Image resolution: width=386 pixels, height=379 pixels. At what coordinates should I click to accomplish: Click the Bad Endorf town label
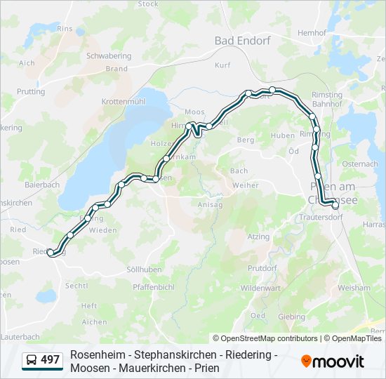click(x=242, y=41)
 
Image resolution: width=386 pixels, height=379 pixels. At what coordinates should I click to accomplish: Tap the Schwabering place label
click(x=108, y=56)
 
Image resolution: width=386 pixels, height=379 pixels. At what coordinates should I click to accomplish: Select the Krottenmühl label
click(x=122, y=102)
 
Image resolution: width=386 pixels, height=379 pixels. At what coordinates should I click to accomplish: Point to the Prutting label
click(x=31, y=92)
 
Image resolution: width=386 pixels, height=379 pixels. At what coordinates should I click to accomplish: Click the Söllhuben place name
click(x=143, y=270)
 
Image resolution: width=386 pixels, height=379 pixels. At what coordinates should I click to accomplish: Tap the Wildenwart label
click(x=261, y=288)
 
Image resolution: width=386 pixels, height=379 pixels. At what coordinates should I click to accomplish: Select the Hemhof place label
click(x=312, y=33)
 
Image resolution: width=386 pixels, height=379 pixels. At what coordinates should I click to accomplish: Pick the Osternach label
click(x=361, y=164)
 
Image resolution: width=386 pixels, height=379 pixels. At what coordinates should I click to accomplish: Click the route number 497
click(x=50, y=360)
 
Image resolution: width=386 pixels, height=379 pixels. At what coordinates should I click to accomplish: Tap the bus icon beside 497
click(x=32, y=361)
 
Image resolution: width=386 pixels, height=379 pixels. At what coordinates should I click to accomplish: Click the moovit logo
click(x=333, y=361)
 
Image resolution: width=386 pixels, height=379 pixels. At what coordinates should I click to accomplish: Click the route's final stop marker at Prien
click(x=335, y=206)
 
